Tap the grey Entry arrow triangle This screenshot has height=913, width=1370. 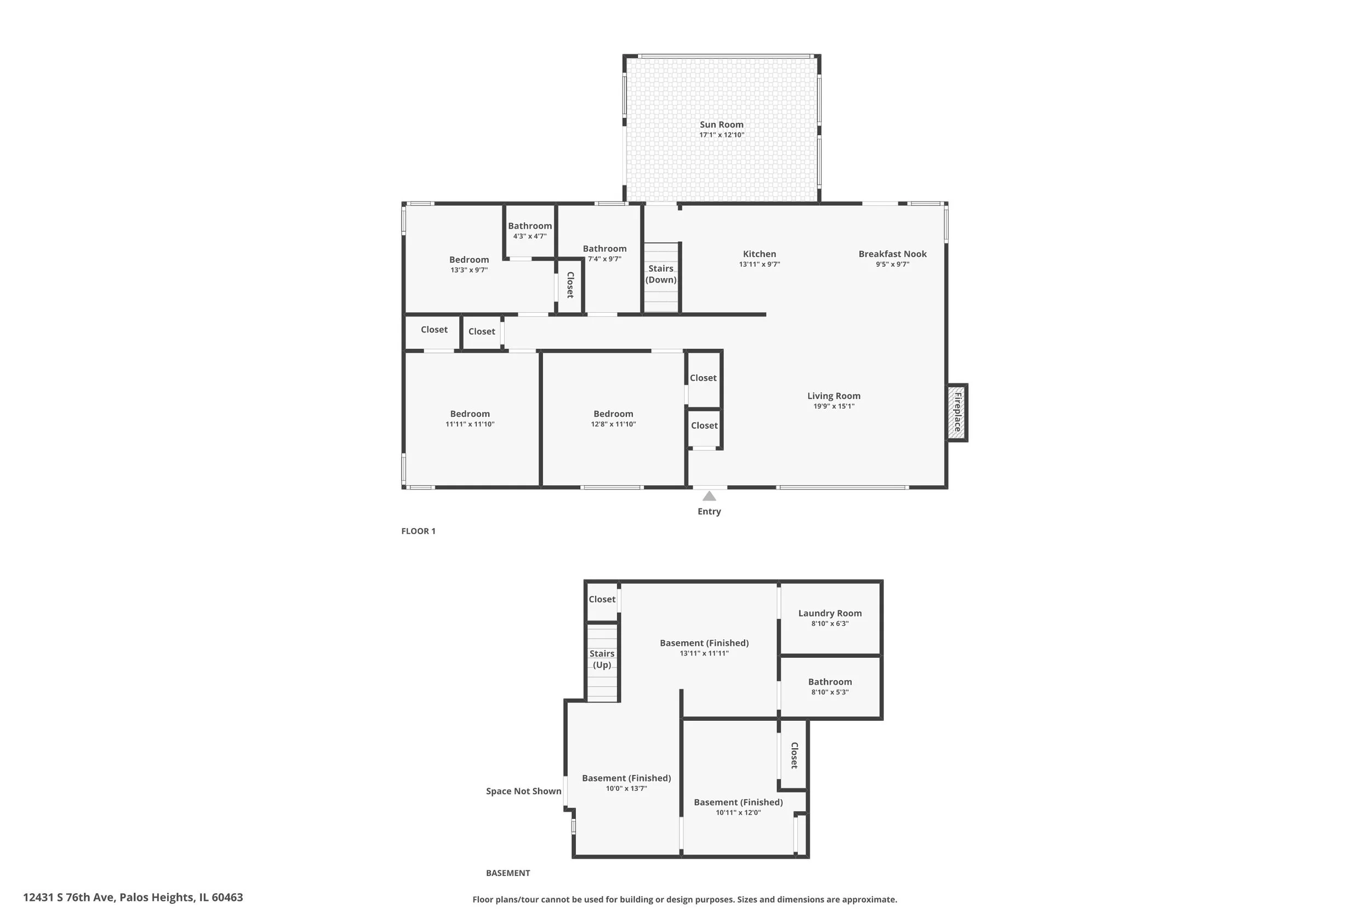coord(709,496)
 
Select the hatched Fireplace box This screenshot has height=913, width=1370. coord(956,412)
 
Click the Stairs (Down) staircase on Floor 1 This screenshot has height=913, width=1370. coord(661,278)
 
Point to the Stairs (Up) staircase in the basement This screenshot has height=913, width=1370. coord(602,663)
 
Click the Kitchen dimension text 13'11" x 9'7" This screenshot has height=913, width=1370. coord(760,265)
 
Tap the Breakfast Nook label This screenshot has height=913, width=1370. coord(892,254)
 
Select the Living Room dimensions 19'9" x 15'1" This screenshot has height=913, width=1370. coord(834,406)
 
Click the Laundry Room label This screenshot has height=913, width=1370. coord(830,613)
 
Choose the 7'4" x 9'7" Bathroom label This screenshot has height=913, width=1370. coord(604,249)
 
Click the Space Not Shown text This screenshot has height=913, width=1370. coord(524,791)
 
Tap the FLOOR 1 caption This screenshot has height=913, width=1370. coord(418,531)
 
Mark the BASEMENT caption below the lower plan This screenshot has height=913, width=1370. coord(508,873)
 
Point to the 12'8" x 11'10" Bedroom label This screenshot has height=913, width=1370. coord(613,414)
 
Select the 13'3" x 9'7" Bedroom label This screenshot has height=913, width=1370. coord(469,260)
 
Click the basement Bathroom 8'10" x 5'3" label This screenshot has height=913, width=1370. coord(830,682)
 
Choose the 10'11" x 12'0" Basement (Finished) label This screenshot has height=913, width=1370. coord(739,802)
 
